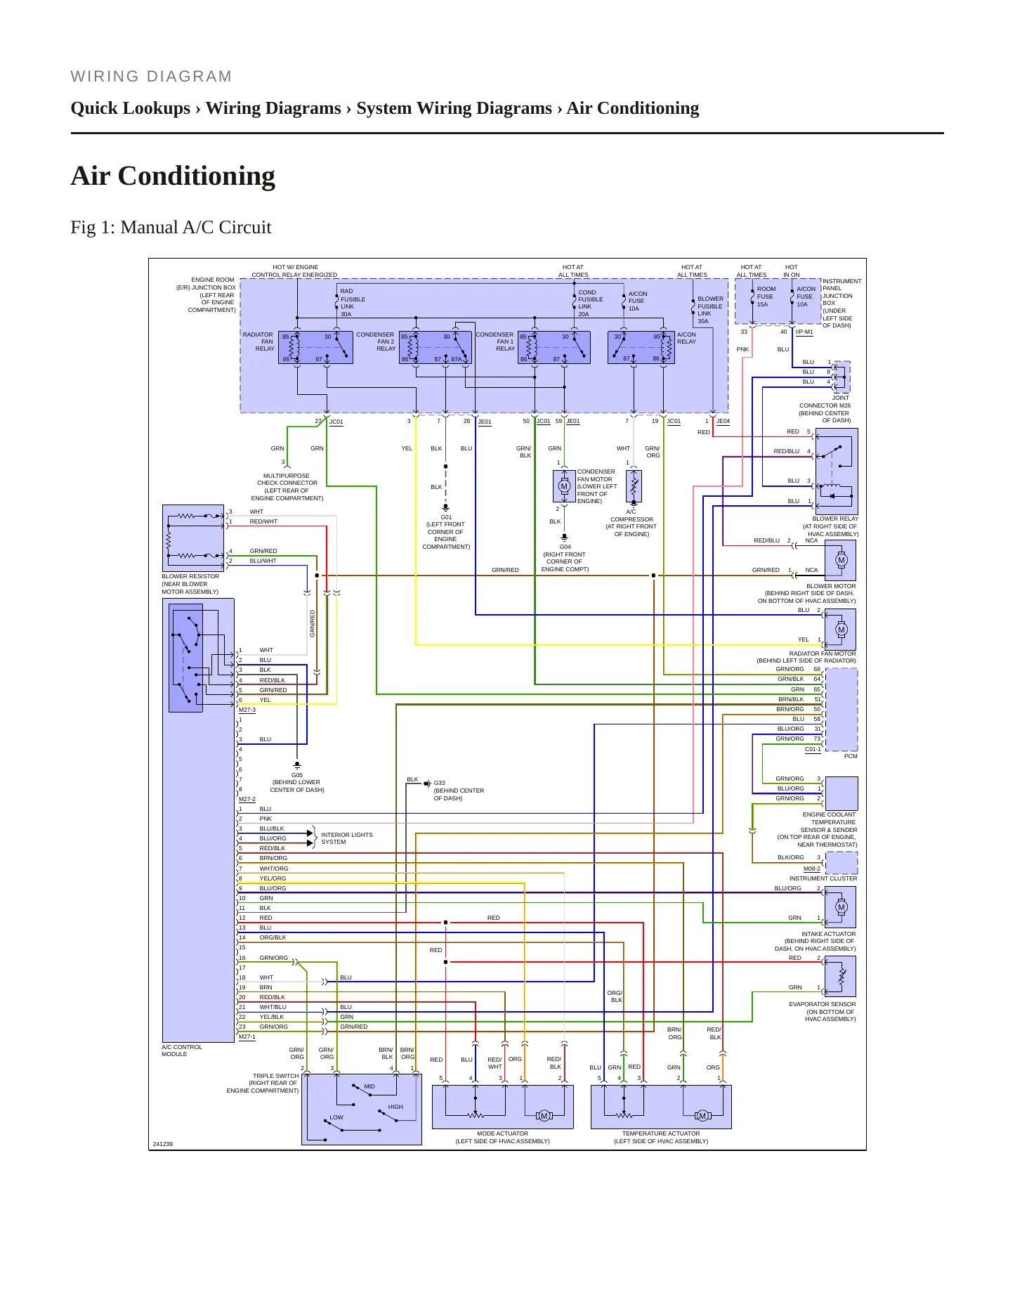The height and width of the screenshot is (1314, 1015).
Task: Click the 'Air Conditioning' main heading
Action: coord(173,176)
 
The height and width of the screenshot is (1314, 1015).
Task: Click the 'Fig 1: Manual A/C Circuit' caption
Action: coord(171,228)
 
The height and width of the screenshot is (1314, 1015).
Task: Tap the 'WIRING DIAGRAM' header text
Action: coord(151,77)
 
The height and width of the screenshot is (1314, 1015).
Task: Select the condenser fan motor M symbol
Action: coord(563,486)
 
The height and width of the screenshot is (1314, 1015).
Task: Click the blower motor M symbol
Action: coord(842,560)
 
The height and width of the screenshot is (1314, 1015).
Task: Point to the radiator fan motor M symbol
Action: coord(842,630)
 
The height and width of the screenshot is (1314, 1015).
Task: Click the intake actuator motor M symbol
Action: coord(842,907)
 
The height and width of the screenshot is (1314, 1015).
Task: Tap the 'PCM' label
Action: coord(851,756)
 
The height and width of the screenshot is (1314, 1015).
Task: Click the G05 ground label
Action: coord(297,776)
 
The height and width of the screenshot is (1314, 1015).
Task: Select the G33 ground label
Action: coord(439,783)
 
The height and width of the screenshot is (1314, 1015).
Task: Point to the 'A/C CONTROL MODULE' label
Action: coord(182,1050)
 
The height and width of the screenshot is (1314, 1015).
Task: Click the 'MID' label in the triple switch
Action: coord(369,1086)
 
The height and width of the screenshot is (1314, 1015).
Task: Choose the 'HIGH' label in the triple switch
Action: coord(395,1107)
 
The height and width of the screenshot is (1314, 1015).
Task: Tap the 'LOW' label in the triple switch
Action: coord(336,1117)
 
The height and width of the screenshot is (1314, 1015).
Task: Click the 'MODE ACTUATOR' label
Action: coord(502,1133)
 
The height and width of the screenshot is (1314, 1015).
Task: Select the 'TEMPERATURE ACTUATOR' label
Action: coord(661,1133)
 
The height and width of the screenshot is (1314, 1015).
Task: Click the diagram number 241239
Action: coord(162,1144)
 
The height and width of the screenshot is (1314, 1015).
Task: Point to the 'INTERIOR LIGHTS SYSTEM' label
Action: coord(347,838)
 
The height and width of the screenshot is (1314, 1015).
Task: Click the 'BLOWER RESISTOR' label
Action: coord(190,576)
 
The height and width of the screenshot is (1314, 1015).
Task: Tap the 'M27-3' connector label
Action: coord(247,710)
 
